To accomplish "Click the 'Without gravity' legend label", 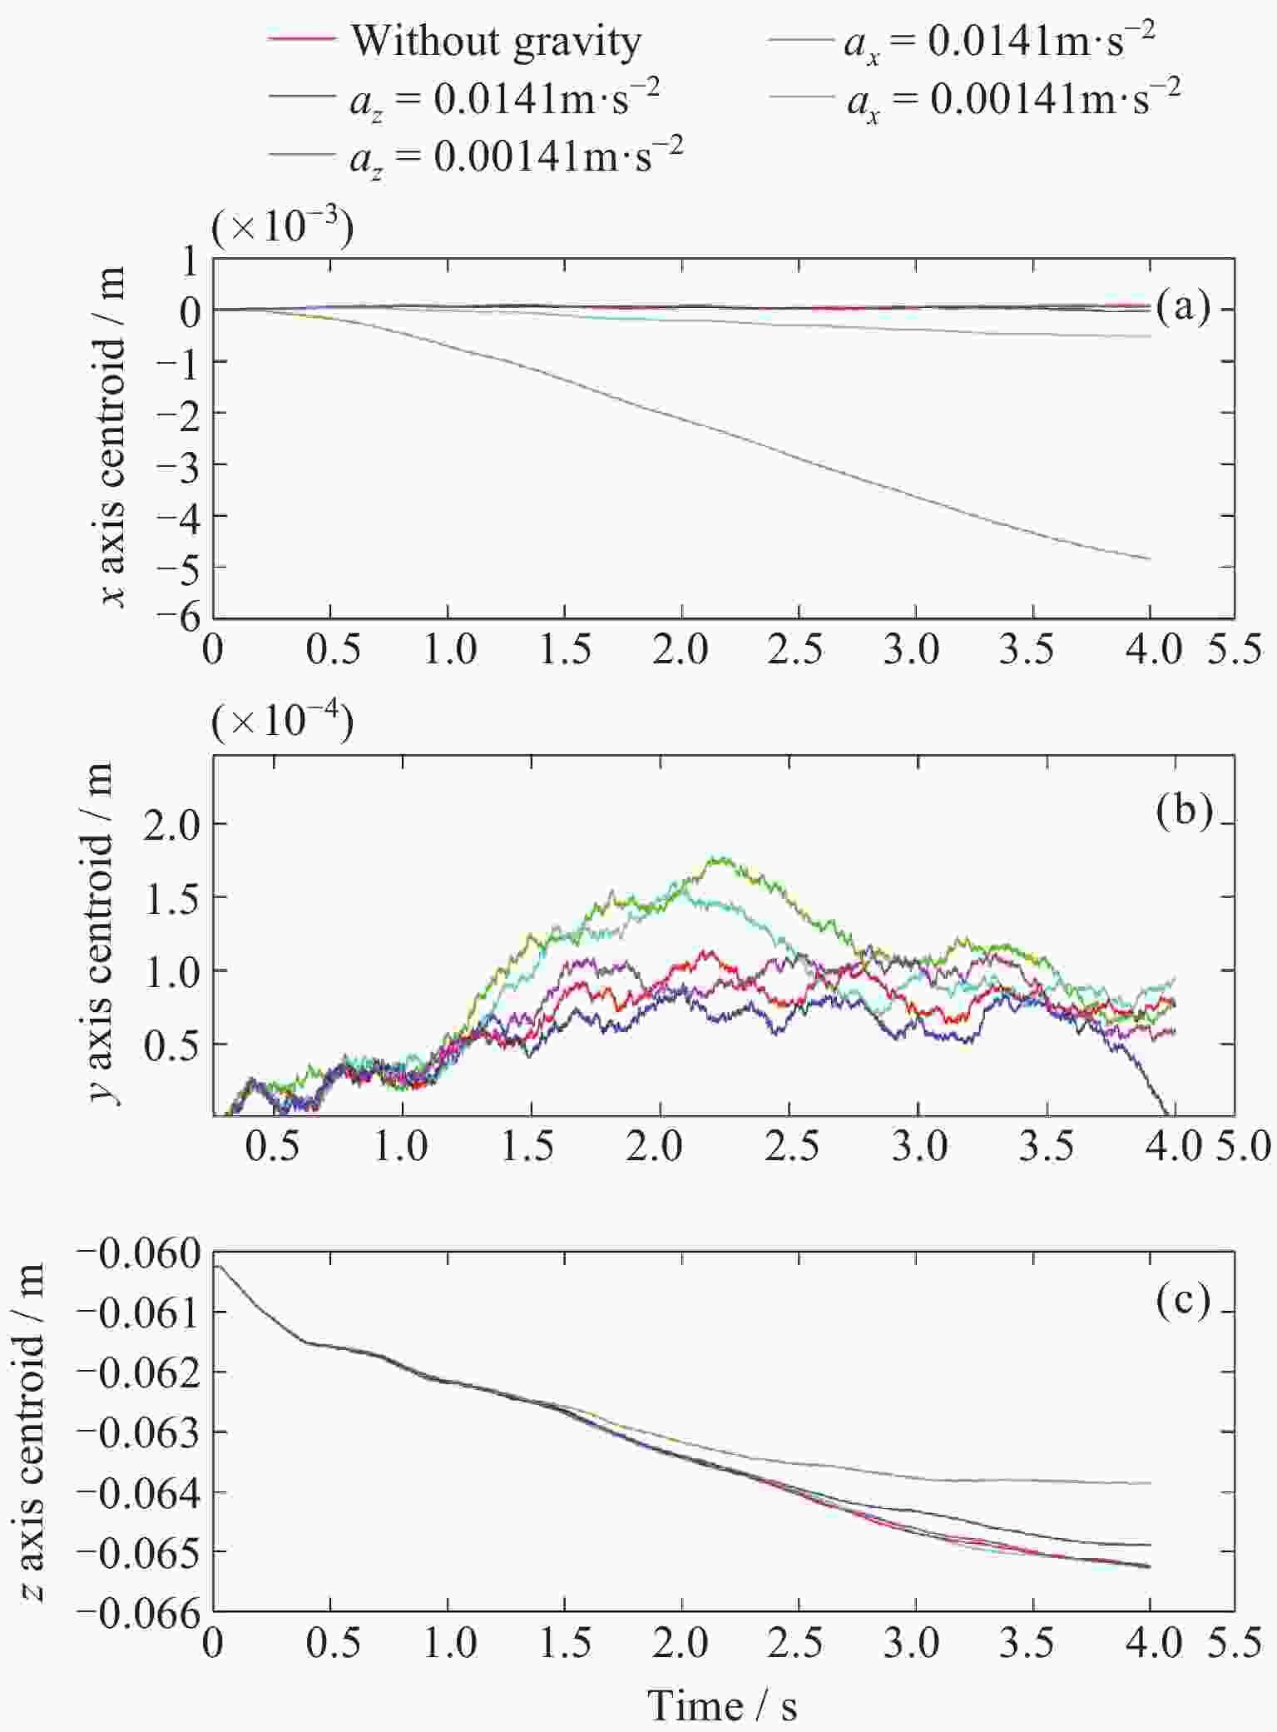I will pyautogui.click(x=496, y=40).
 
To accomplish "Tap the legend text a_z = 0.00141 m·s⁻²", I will pyautogui.click(x=516, y=155).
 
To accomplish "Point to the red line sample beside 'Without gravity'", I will pyautogui.click(x=303, y=40).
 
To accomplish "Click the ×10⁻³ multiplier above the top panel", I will pyautogui.click(x=283, y=226).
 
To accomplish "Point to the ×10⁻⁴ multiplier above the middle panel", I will pyautogui.click(x=283, y=721).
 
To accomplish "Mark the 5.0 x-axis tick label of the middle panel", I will pyautogui.click(x=1246, y=1148).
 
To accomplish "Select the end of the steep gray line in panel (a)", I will pyautogui.click(x=1150, y=558).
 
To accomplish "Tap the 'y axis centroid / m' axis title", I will pyautogui.click(x=106, y=935).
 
